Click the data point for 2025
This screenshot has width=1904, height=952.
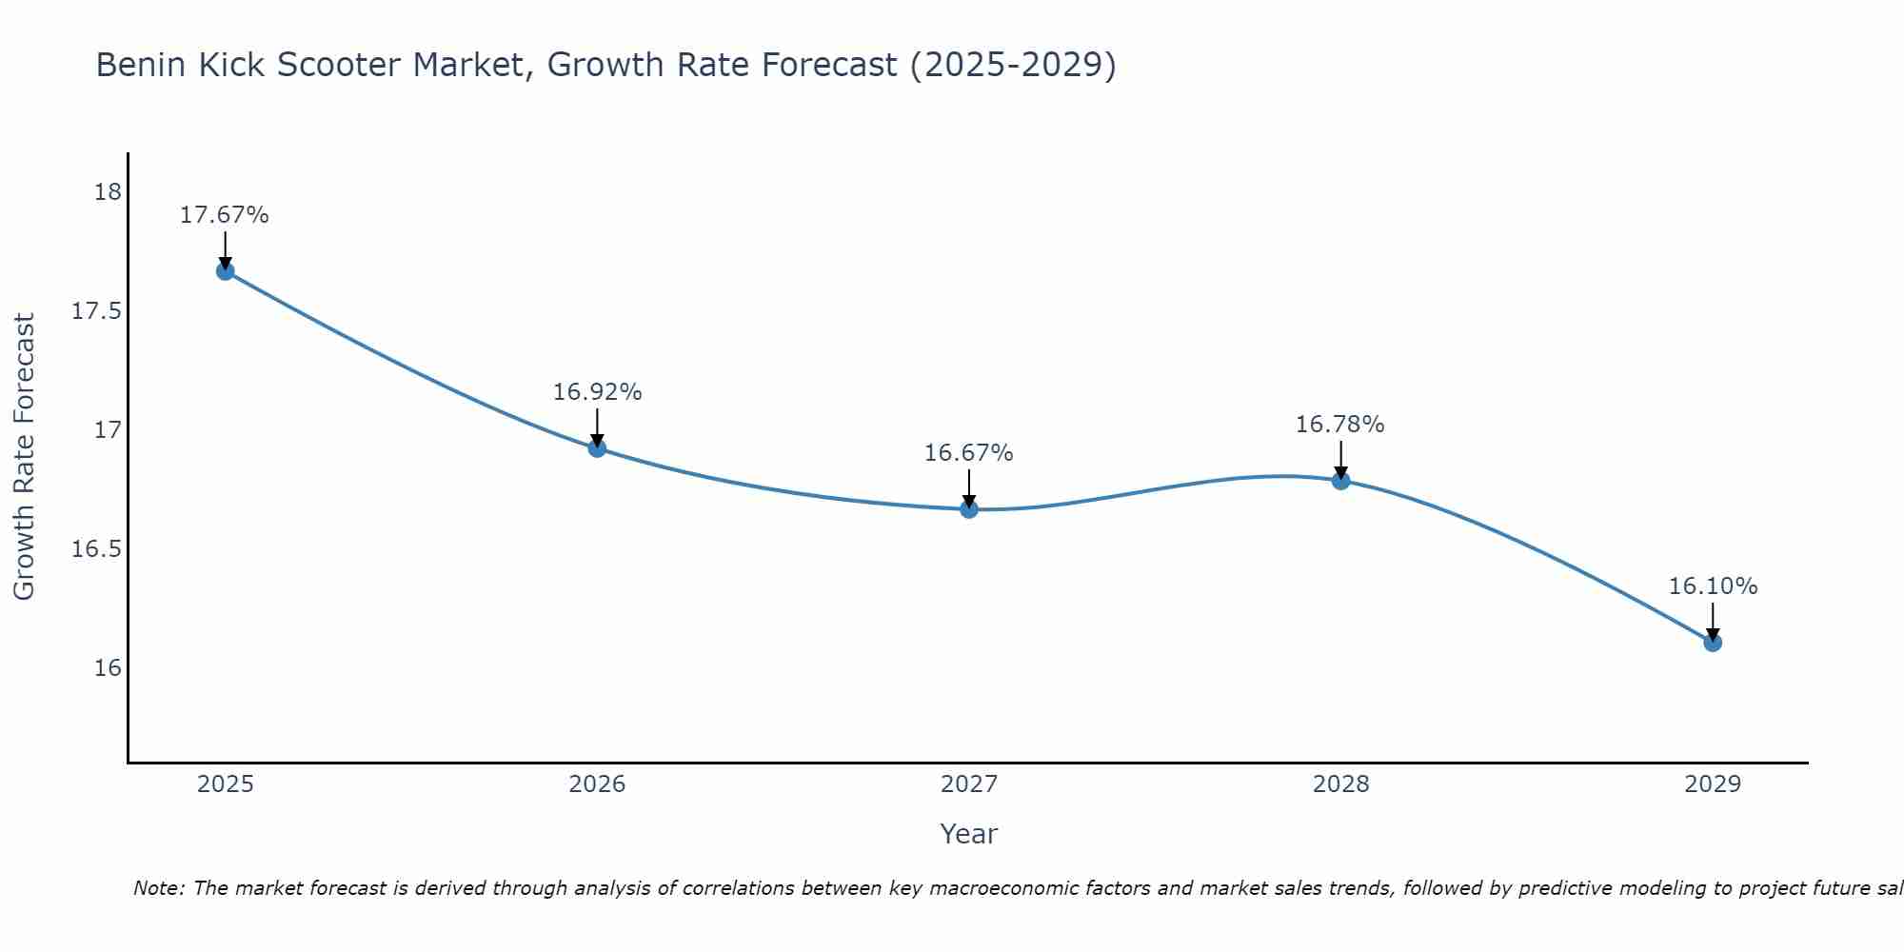tap(226, 271)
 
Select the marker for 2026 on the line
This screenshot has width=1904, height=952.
tap(597, 448)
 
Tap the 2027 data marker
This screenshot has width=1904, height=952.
tap(969, 509)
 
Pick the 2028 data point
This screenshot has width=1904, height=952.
tap(1340, 481)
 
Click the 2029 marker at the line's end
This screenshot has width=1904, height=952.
tap(1713, 643)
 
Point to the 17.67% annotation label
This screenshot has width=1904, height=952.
tap(225, 215)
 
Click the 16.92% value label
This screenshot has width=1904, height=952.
tap(597, 392)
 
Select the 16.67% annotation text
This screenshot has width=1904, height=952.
tap(969, 453)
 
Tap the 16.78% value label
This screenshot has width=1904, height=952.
tap(1340, 425)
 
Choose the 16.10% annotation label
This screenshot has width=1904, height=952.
tap(1713, 586)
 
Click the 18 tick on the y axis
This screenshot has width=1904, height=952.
tap(108, 193)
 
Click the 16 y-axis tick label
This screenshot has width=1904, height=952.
tap(108, 667)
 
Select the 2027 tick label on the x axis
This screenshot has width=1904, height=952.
tap(969, 784)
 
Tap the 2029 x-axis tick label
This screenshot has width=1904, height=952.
tap(1713, 784)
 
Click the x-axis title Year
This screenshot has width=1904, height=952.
tap(969, 834)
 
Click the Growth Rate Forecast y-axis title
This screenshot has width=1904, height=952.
tap(25, 457)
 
